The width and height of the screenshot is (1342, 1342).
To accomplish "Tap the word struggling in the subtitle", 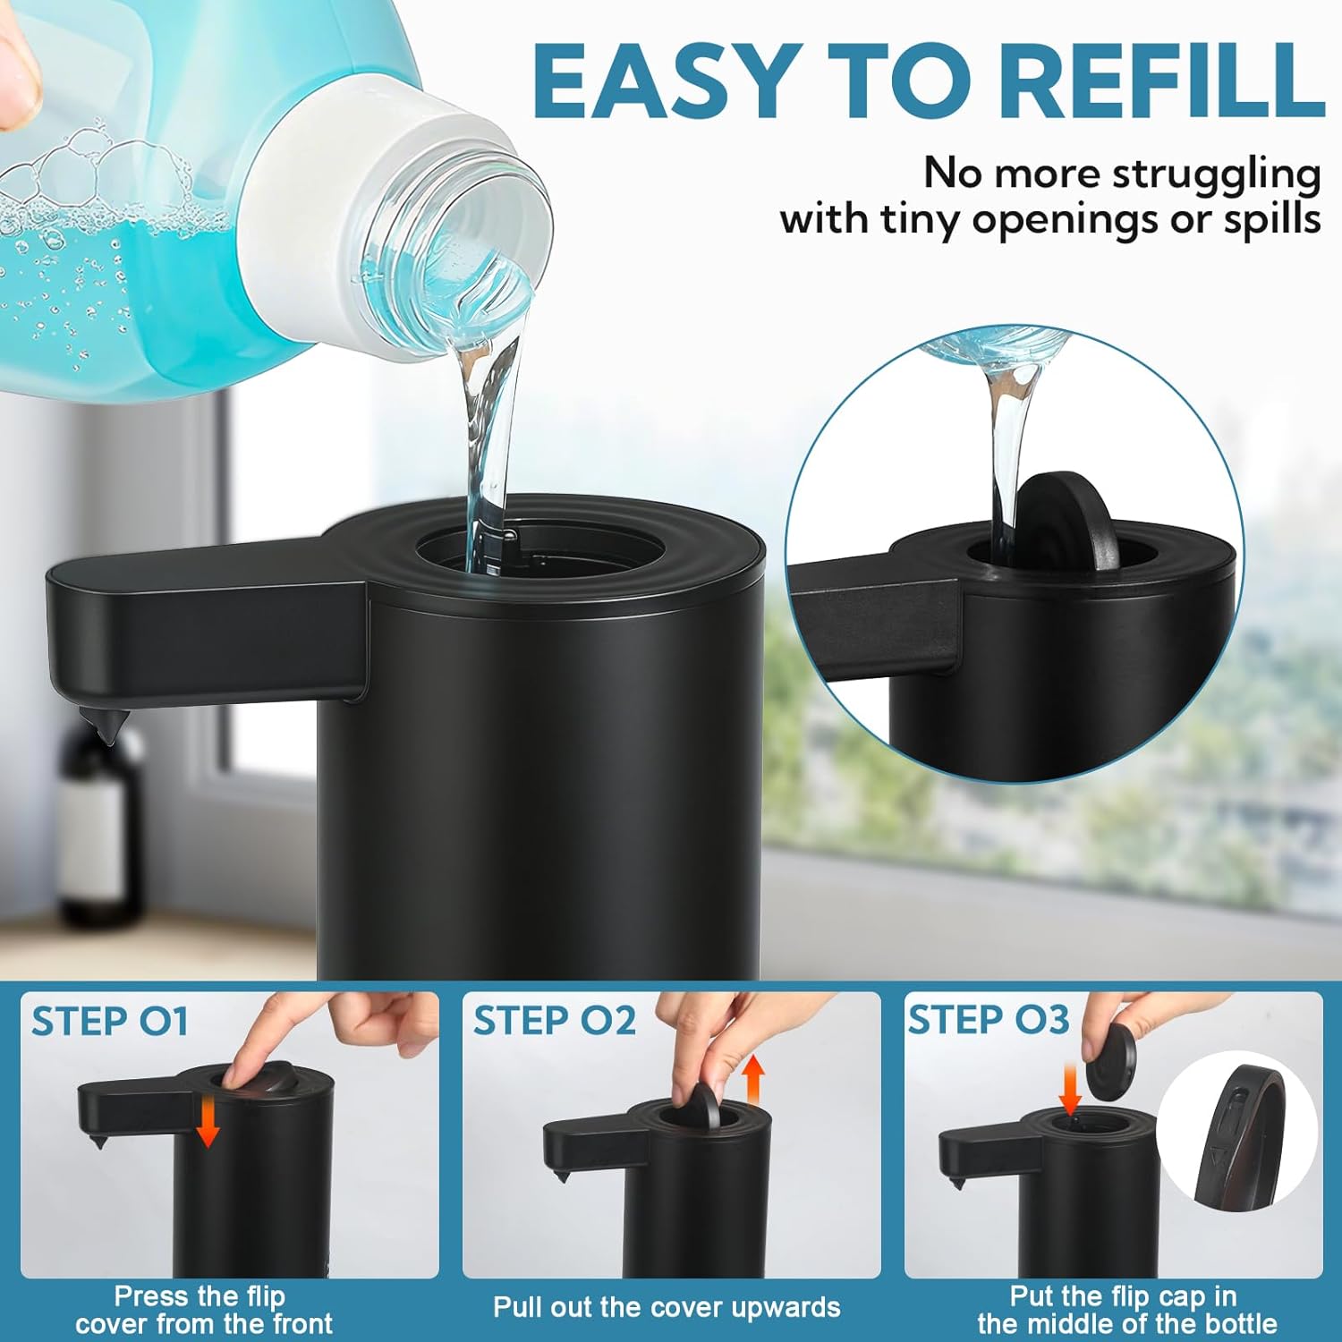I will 1216,173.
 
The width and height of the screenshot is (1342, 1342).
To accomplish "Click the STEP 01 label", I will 110,1022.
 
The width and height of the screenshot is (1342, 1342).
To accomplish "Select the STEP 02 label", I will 554,1021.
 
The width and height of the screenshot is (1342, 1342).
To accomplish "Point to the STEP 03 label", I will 989,1020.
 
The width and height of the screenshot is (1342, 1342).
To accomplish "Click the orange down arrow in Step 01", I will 208,1123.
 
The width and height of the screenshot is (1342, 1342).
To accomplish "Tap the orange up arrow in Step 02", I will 753,1081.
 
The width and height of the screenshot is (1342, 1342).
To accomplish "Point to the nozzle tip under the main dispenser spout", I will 100,725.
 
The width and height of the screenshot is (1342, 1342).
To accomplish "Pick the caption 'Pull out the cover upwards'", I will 667,1307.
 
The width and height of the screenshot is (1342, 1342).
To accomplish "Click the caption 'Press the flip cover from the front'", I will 203,1310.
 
